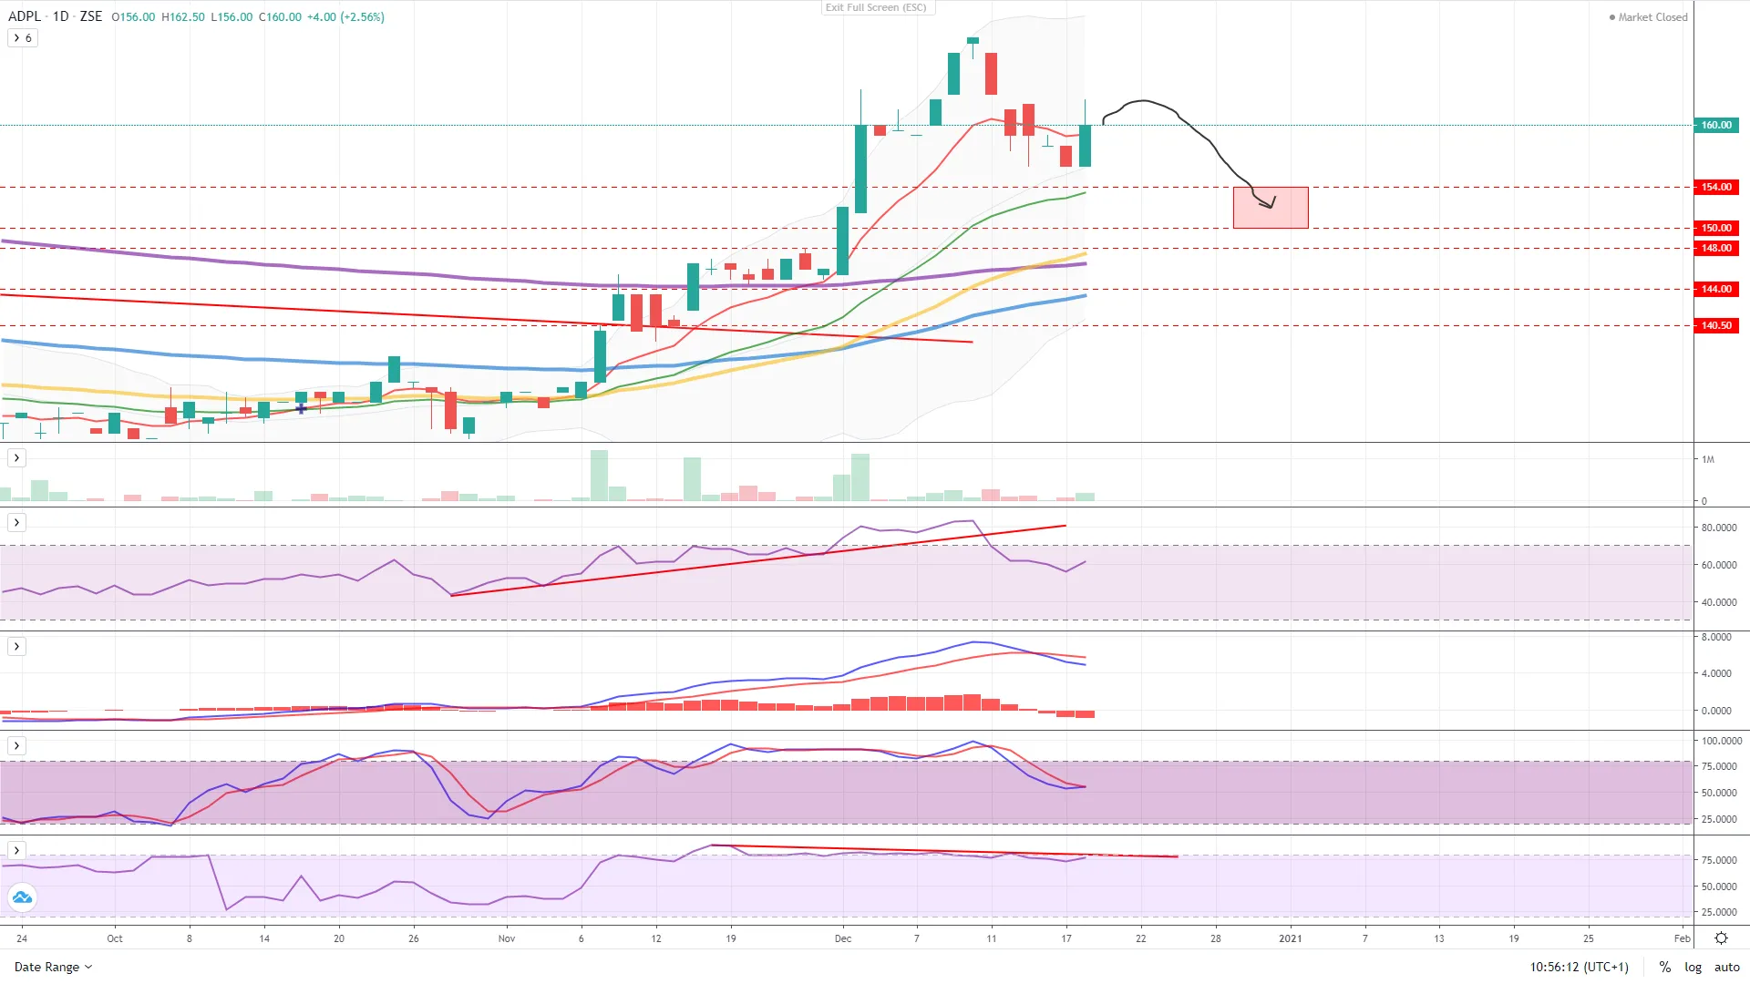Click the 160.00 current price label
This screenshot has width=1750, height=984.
tap(1715, 125)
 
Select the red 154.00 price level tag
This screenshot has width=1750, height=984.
tap(1715, 187)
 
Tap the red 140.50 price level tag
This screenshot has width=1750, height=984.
tap(1715, 325)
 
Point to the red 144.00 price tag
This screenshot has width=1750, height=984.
tap(1715, 289)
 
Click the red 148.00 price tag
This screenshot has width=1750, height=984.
tap(1715, 248)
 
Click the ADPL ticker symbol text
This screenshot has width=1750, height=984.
tap(25, 16)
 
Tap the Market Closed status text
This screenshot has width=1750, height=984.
tap(1652, 17)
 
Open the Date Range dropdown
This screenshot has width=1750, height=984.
tap(53, 967)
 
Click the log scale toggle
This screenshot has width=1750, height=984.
tap(1693, 967)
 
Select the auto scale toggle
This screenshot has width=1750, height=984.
tap(1726, 967)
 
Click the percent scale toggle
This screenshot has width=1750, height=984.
tap(1664, 967)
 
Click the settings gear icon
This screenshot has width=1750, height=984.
tap(1721, 938)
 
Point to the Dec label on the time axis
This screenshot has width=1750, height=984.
tap(843, 938)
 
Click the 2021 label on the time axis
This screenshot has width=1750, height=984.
tap(1290, 938)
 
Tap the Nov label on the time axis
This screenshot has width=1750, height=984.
tap(507, 938)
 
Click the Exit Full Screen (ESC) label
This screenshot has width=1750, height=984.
tap(876, 7)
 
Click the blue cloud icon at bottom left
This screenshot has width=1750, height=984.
tap(23, 897)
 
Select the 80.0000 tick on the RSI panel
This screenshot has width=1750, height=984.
tap(1717, 528)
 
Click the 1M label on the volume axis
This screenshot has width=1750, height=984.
tap(1708, 459)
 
